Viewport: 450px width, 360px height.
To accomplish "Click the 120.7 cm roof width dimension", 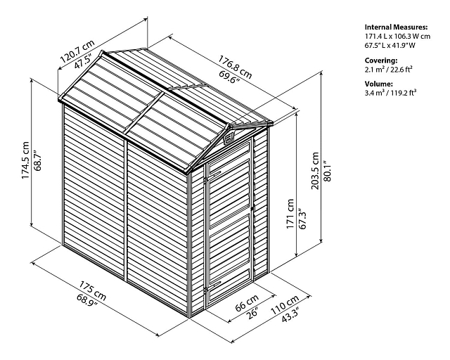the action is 77,51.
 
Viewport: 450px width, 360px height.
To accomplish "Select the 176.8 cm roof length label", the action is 235,67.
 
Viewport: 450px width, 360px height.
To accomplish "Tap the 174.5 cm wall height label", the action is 25,160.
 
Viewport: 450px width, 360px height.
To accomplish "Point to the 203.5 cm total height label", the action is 315,171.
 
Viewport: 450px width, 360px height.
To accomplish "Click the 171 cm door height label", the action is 290,214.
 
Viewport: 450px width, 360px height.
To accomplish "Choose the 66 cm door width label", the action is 247,302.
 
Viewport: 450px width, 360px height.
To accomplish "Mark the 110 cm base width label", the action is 285,304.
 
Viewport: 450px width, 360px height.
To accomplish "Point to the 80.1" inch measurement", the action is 328,171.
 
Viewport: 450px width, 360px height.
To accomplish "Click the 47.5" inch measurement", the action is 83,61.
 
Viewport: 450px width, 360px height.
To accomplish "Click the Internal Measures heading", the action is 396,27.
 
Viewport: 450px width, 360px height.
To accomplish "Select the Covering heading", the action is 381,60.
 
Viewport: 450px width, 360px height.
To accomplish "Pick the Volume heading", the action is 378,84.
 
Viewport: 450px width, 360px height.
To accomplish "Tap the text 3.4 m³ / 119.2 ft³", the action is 391,93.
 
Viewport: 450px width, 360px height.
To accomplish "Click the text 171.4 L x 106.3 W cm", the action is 397,37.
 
